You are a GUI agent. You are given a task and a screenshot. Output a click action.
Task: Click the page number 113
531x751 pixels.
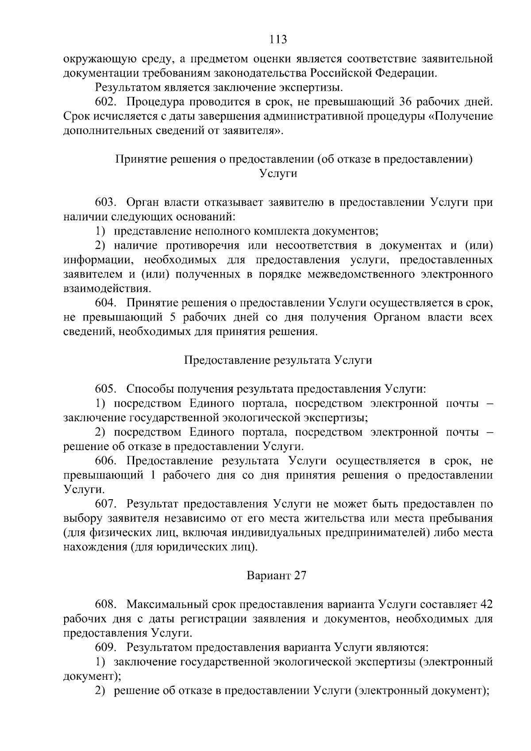278,39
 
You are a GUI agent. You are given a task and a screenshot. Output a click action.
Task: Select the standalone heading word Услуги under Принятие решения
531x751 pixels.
278,173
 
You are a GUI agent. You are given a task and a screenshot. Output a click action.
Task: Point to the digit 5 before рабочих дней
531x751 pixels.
173,317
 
